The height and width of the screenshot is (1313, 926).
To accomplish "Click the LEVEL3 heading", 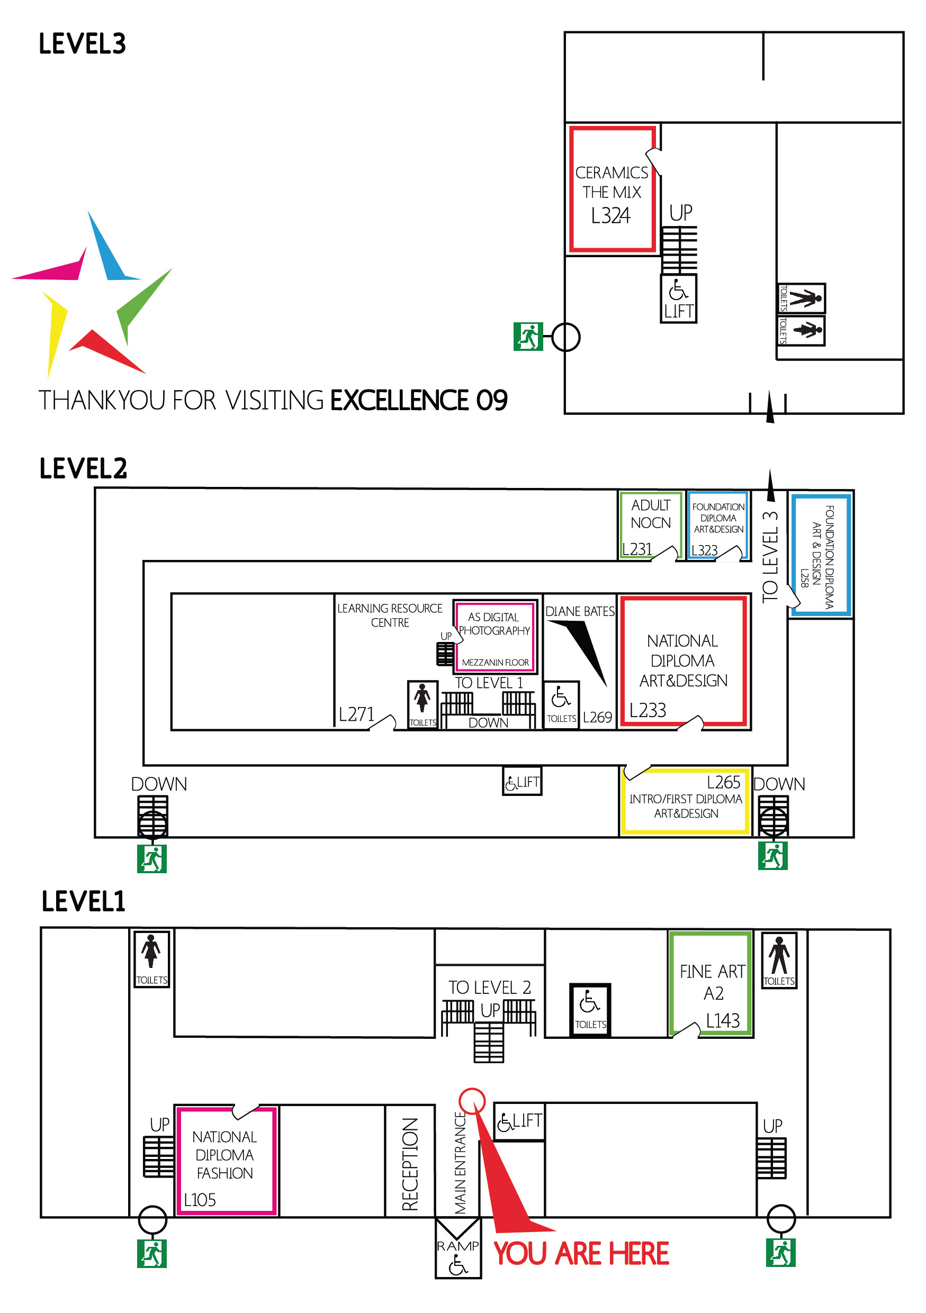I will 83,44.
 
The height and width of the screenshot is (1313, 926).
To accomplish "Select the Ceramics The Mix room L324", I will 612,190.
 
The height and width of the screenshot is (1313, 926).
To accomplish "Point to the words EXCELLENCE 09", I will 419,400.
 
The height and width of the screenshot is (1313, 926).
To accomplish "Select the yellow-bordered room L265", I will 685,801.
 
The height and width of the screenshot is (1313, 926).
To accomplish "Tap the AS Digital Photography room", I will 494,635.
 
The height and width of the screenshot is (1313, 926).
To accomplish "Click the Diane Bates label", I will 579,611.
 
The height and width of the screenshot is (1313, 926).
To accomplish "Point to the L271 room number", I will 356,714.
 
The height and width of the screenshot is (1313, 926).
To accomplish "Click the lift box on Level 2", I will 522,782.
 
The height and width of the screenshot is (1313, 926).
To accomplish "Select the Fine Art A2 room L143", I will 712,984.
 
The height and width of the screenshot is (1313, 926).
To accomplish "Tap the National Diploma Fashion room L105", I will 226,1161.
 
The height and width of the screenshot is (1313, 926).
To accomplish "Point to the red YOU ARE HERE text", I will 581,1254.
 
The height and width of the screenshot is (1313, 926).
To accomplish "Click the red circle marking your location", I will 472,1101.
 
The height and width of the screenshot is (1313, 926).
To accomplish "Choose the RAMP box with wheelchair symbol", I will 457,1255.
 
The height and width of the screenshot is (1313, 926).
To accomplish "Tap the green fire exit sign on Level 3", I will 527,336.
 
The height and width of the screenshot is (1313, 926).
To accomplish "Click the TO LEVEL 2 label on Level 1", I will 490,988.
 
